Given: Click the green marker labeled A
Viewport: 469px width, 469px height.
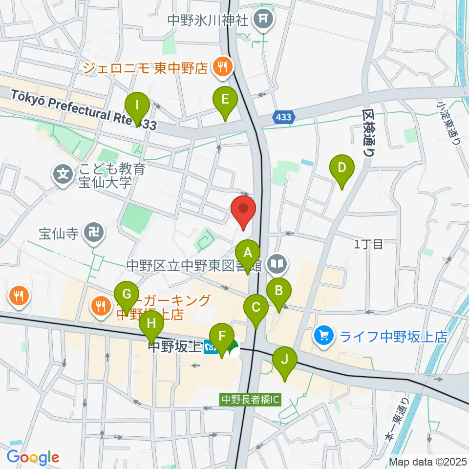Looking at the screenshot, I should [248, 254].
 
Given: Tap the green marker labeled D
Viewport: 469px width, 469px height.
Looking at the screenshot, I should [342, 168].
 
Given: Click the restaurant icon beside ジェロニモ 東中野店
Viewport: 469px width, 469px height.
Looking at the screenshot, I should [221, 67].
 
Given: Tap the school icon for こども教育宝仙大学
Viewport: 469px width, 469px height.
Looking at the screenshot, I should [63, 173].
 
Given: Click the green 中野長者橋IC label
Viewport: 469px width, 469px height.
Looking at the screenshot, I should [250, 399].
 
